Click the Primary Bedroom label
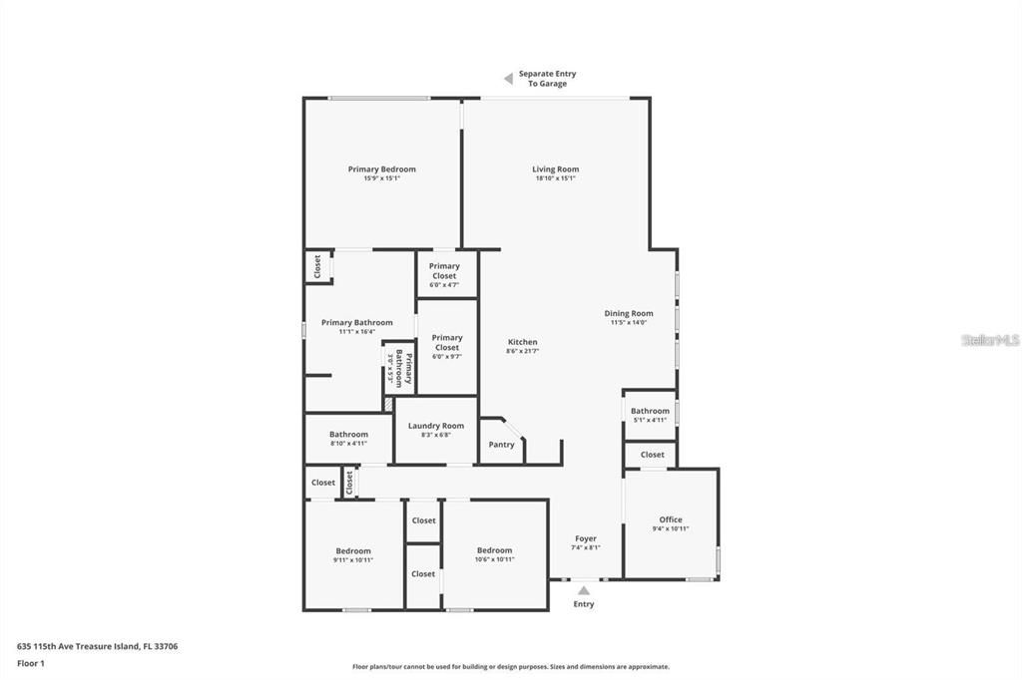pyautogui.click(x=381, y=170)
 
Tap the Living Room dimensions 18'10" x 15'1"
pyautogui.click(x=555, y=178)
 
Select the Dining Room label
pyautogui.click(x=628, y=313)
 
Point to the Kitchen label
pyautogui.click(x=522, y=342)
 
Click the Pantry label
pyautogui.click(x=501, y=445)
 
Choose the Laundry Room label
pyautogui.click(x=436, y=426)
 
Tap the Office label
pyautogui.click(x=670, y=519)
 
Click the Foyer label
pyautogui.click(x=585, y=538)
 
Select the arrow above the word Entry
pyautogui.click(x=584, y=590)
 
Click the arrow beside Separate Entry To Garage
pyautogui.click(x=507, y=78)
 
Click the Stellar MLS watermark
pyautogui.click(x=990, y=340)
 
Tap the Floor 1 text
pyautogui.click(x=31, y=662)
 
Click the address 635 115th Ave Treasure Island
pyautogui.click(x=97, y=646)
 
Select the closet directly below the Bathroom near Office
pyautogui.click(x=652, y=455)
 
